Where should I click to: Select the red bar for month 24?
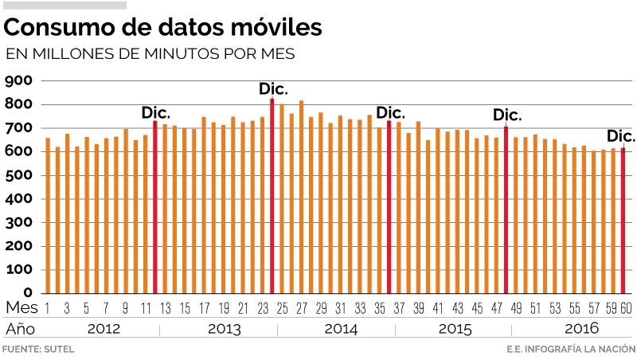272,195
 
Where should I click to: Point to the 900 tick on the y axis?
17,80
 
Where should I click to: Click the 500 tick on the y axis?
17,175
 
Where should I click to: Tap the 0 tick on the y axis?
27,293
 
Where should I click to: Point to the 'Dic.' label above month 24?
273,88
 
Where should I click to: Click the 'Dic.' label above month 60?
621,136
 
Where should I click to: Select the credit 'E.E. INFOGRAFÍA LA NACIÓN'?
570,350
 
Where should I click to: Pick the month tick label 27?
302,308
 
